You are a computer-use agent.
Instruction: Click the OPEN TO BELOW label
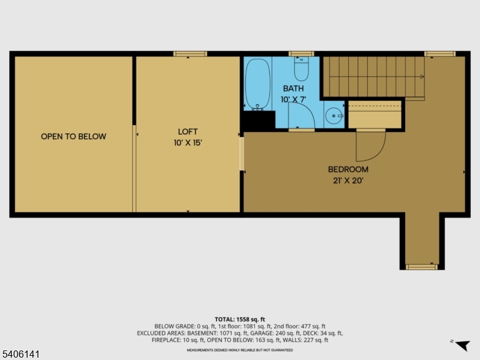(x=73, y=136)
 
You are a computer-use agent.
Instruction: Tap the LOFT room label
(x=188, y=131)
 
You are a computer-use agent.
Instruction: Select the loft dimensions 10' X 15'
(x=188, y=143)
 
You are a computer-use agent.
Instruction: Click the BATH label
(x=293, y=88)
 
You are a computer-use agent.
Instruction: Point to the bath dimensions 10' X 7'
(x=293, y=99)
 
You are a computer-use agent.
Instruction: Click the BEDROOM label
(x=348, y=169)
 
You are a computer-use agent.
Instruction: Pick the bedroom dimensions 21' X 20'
(x=348, y=180)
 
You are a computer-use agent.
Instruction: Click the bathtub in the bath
(x=258, y=84)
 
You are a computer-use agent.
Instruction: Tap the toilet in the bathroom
(x=301, y=69)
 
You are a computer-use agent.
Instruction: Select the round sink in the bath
(x=332, y=115)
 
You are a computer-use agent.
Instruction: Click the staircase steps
(x=372, y=76)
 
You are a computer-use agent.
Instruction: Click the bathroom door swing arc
(x=301, y=115)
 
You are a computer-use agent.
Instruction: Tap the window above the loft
(x=190, y=54)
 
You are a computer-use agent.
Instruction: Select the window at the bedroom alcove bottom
(x=421, y=266)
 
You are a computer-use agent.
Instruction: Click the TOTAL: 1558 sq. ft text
(x=240, y=319)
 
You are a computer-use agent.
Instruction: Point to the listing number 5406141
(x=21, y=355)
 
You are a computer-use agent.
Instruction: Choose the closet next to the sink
(x=374, y=115)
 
